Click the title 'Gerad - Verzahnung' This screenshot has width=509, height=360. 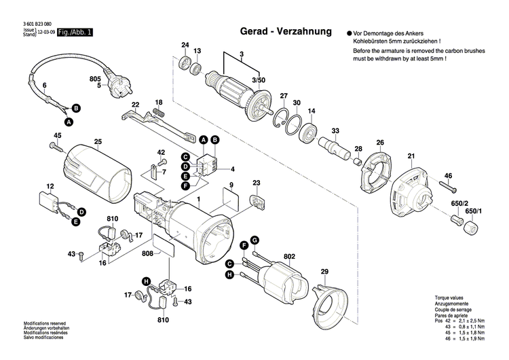coord(286,31)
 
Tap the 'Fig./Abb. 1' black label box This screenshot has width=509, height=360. coord(75,32)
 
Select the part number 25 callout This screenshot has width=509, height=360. coord(98,141)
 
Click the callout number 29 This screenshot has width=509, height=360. coord(324,272)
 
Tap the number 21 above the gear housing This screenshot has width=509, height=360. coord(411,157)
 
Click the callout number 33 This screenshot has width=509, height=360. coord(335,130)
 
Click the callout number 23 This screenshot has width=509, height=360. coord(257,183)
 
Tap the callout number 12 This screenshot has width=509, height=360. coord(50,186)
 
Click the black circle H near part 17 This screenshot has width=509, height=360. coord(145,281)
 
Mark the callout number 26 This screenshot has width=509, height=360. coord(380,142)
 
